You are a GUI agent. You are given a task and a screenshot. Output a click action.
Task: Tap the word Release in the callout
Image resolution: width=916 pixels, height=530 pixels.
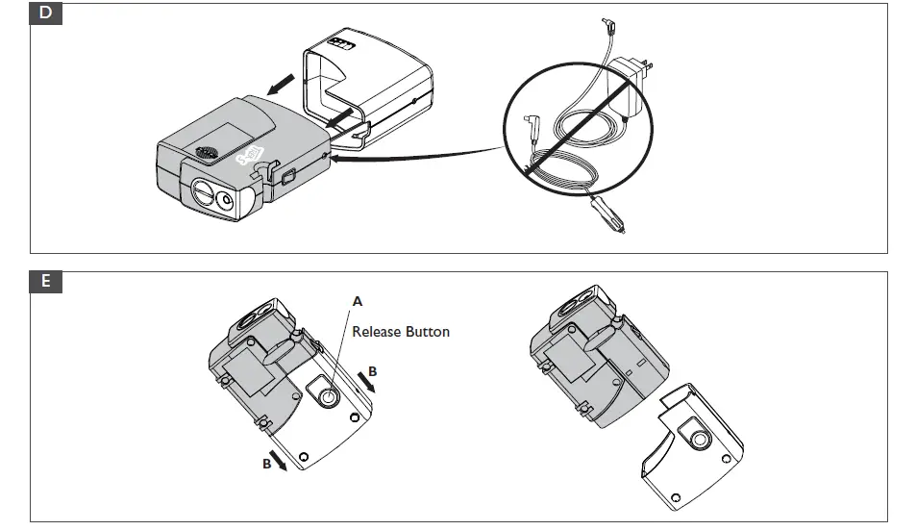pos(378,332)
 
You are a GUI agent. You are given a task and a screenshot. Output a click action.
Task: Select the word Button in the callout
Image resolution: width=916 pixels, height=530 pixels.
pos(428,332)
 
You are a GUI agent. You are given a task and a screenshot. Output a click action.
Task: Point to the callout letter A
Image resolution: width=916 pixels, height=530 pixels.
pos(358,301)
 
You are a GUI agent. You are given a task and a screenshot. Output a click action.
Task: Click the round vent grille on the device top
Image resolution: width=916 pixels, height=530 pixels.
pos(207,152)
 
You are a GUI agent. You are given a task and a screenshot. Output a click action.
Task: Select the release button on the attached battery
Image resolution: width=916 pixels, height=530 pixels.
pos(327,395)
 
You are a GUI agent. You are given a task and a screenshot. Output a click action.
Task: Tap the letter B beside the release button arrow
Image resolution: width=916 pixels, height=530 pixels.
pos(374,370)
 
